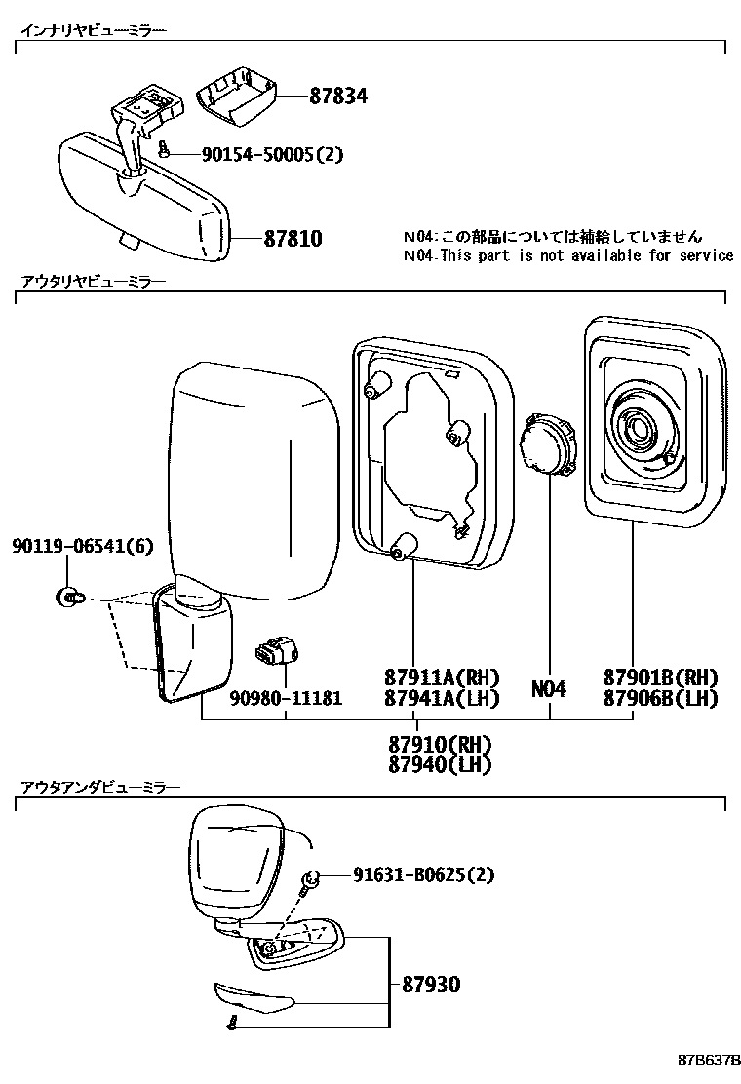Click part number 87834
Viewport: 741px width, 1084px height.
point(338,96)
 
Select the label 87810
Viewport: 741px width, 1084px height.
point(292,238)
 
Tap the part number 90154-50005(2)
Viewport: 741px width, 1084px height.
point(272,154)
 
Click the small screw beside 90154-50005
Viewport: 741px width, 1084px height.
point(165,149)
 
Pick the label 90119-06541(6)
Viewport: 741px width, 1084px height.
point(83,548)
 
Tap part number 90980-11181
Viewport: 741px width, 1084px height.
point(286,699)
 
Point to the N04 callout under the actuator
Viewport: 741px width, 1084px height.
point(549,689)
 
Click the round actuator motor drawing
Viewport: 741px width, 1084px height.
point(549,445)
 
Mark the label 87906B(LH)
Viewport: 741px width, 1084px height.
point(660,698)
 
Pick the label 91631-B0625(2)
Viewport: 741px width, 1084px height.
point(422,875)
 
